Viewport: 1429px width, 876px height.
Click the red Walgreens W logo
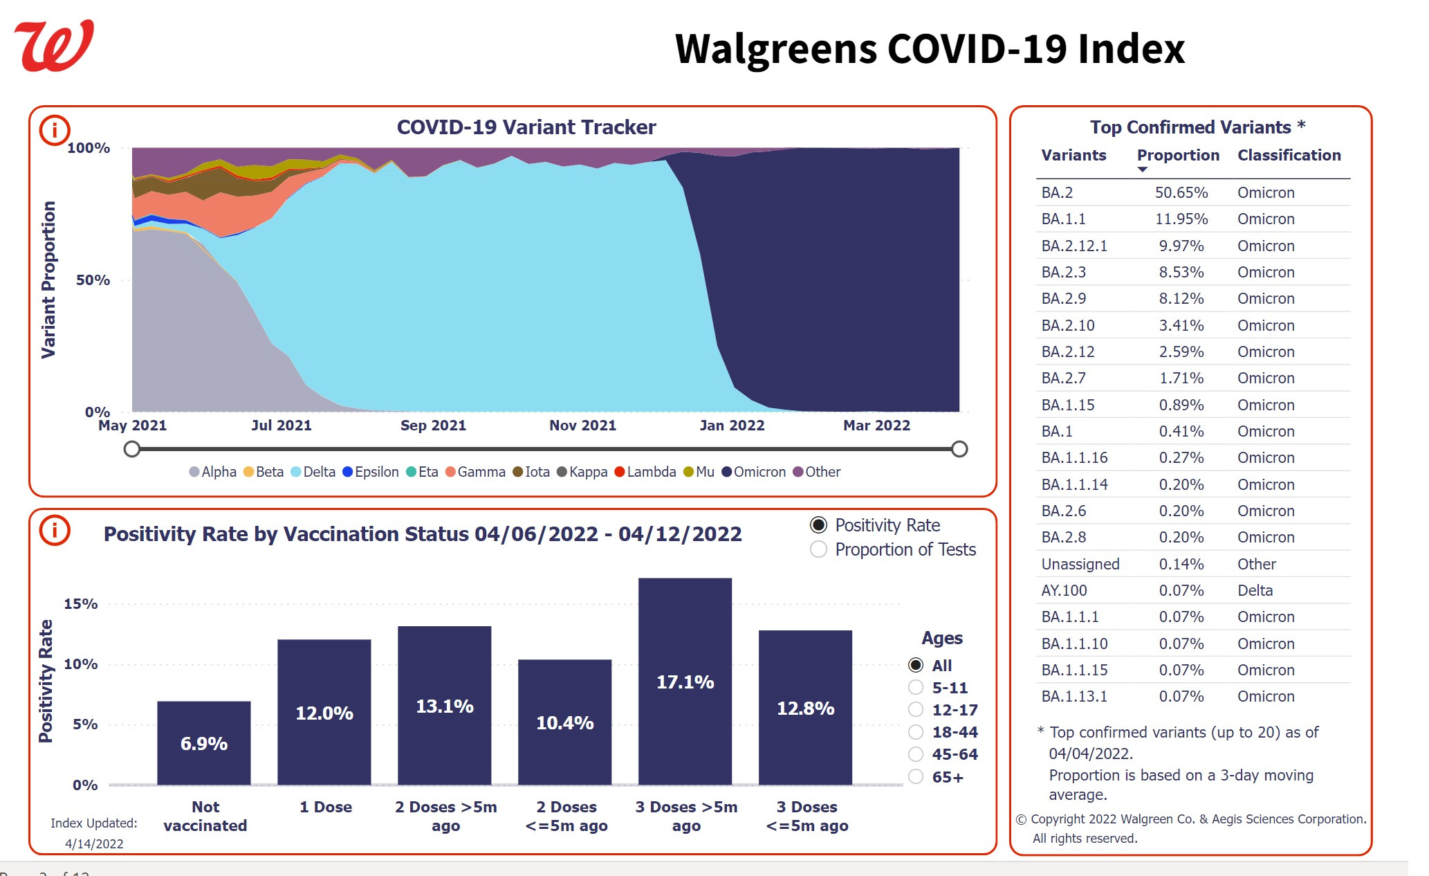[x=54, y=46]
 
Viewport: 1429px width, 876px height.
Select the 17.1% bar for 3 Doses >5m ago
[x=685, y=682]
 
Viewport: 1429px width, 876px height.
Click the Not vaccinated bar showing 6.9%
[x=203, y=743]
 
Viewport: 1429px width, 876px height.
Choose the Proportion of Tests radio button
[x=819, y=549]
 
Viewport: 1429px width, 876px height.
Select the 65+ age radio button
[x=916, y=777]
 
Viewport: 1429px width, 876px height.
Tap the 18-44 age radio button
[x=916, y=732]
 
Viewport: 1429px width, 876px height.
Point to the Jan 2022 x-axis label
[x=732, y=426]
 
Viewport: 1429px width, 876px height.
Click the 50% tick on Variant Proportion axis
[x=93, y=280]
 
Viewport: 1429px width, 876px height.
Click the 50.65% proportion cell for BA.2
[x=1181, y=192]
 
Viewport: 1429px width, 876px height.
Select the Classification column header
[x=1289, y=155]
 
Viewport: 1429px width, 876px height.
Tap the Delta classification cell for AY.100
[x=1255, y=590]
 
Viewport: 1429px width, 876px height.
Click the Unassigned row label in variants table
[x=1080, y=564]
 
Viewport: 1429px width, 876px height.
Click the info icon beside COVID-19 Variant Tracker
[x=55, y=130]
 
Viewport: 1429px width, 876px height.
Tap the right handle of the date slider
[x=959, y=449]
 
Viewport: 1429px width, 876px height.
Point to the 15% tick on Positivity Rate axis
[x=81, y=604]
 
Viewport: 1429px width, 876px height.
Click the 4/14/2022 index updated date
[x=94, y=843]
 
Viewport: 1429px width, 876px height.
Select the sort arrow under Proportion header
[x=1143, y=170]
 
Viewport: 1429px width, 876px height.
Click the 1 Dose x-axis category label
[x=325, y=807]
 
